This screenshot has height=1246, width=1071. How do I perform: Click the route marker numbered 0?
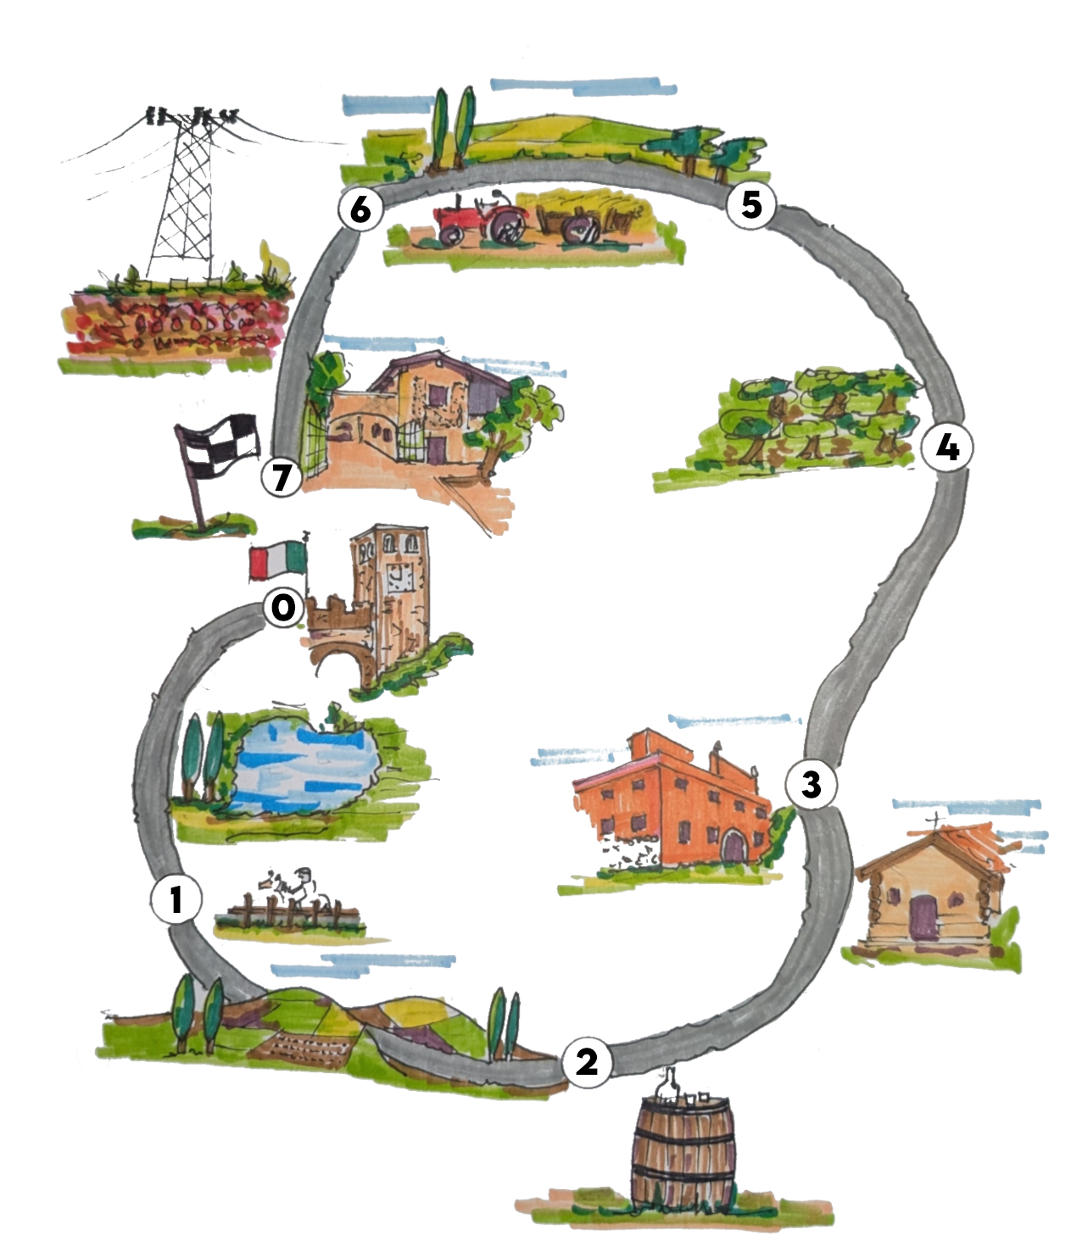coord(283,608)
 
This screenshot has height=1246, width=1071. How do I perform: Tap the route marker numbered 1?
coord(176,899)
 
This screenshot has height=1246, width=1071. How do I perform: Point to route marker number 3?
coord(811,784)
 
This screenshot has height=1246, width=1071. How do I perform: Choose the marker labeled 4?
coord(946,447)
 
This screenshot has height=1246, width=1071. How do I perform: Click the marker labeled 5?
coord(751,204)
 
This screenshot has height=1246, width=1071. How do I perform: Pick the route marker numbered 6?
coord(360,209)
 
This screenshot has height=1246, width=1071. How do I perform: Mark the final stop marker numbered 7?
coord(282,477)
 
